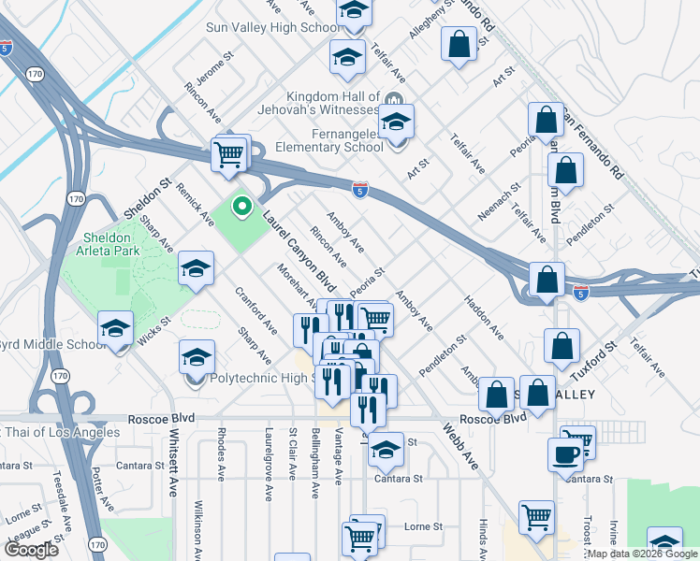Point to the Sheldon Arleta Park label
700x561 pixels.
108,245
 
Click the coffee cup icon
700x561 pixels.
566,455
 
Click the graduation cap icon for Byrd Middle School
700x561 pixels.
115,328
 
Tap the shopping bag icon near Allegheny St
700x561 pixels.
459,43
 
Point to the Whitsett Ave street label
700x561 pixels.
174,463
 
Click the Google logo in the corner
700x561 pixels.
31,550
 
